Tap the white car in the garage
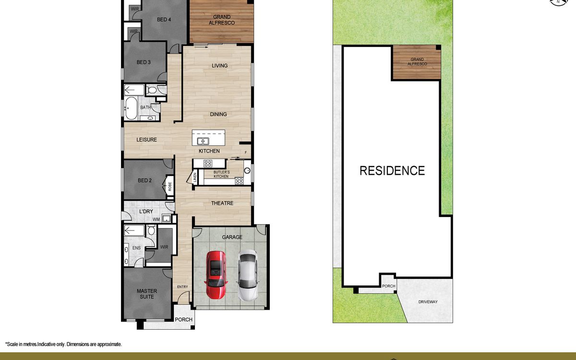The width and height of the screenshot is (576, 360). click(247, 276)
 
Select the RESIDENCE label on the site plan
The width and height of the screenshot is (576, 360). click(392, 171)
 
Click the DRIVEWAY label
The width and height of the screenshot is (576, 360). click(428, 302)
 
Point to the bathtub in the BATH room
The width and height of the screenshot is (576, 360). click(131, 108)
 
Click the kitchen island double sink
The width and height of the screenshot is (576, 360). click(203, 141)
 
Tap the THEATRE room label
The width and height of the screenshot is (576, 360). click(222, 203)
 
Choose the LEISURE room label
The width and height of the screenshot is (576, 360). click(146, 140)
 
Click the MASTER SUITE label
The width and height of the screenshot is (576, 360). click(147, 294)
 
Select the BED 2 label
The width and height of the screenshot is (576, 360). click(145, 180)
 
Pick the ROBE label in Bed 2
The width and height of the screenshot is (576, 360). click(170, 186)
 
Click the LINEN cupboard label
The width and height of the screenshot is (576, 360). click(195, 178)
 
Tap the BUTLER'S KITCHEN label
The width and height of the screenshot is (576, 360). click(221, 174)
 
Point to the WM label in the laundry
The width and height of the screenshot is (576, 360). click(156, 220)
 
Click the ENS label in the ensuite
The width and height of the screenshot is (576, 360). click(136, 248)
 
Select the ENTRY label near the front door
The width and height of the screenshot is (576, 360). click(182, 287)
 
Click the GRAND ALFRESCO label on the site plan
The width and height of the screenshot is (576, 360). click(417, 62)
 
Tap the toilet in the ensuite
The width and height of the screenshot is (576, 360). click(151, 229)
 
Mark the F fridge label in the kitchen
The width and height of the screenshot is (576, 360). click(246, 153)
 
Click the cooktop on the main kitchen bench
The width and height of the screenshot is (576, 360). click(208, 163)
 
